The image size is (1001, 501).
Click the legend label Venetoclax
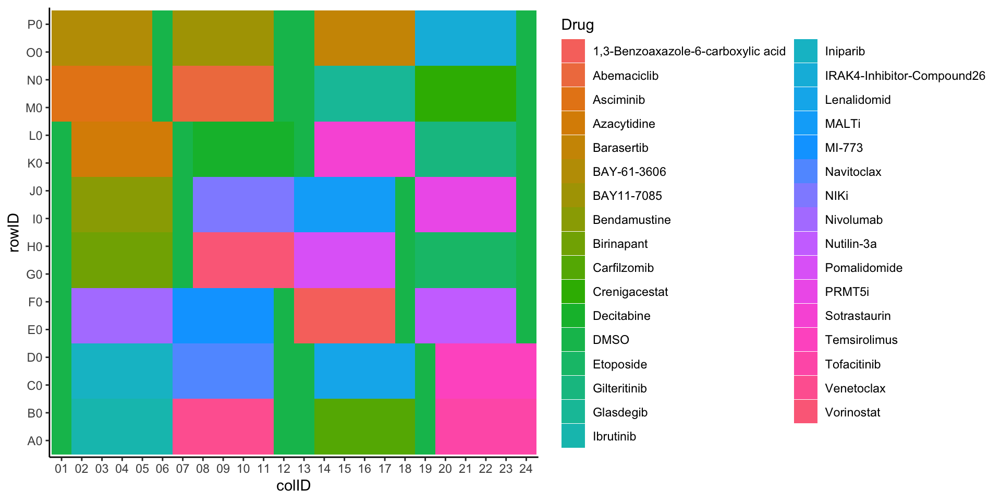point(855,388)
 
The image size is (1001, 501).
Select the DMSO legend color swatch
point(573,340)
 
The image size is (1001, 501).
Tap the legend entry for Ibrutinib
point(614,436)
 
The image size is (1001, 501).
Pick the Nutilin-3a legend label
point(850,244)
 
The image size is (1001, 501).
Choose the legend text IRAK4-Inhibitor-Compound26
point(905,76)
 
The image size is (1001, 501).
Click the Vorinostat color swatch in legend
point(805,412)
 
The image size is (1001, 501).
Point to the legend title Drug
point(577,25)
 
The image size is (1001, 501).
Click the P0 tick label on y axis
point(34,25)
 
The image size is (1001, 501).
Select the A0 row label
point(34,441)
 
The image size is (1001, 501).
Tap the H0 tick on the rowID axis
point(34,247)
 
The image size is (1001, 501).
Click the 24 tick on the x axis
point(526,469)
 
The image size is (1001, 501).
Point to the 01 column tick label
point(62,469)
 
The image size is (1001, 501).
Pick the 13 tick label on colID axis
point(304,469)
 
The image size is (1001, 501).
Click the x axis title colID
point(293,486)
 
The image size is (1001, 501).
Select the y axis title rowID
point(14,233)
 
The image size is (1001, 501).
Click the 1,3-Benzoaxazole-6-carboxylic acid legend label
point(689,51)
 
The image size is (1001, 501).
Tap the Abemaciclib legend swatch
point(573,76)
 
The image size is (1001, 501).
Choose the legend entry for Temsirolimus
point(861,340)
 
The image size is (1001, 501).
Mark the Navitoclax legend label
point(853,172)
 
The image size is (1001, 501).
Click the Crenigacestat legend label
point(630,292)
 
